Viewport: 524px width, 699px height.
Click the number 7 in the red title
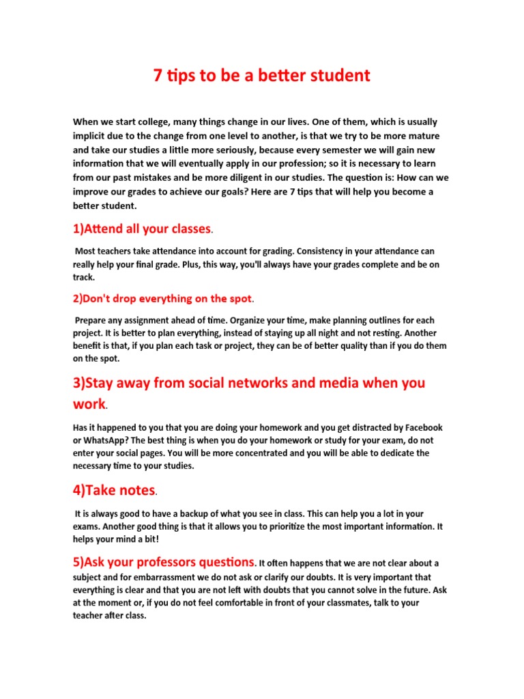(x=158, y=76)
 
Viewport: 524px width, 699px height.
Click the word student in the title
(x=338, y=76)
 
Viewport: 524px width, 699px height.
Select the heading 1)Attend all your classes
(x=142, y=229)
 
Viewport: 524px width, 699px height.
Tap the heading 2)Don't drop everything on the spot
(x=162, y=298)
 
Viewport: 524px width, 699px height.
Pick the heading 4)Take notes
(x=115, y=490)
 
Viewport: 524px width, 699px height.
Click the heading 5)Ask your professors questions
(x=164, y=562)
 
